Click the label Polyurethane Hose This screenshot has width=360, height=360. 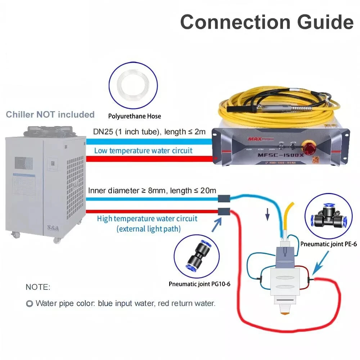coord(135,116)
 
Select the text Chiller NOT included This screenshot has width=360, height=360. coord(50,114)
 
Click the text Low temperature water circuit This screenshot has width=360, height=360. coord(143,150)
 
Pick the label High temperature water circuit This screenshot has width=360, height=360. coord(147,219)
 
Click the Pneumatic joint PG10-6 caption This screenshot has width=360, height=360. coord(199,284)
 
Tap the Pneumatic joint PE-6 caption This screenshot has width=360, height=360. coord(328,244)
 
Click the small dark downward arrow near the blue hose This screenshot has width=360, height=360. coord(267,215)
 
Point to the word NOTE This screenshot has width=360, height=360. coord(38,287)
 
